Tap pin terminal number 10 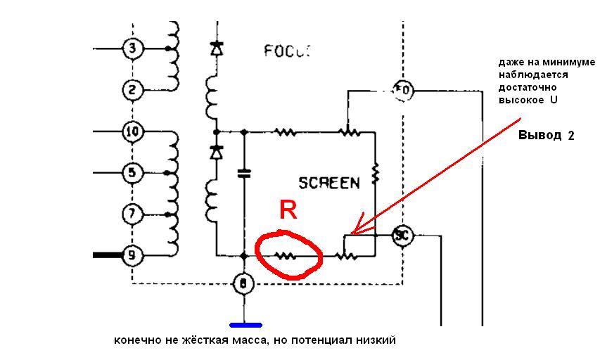(132, 131)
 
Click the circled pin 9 (132, 255)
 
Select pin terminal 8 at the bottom (243, 283)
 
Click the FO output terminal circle (403, 89)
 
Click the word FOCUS (287, 51)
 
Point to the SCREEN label (328, 183)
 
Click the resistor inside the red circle (286, 256)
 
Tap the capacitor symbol (244, 173)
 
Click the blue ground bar (245, 326)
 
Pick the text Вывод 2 (546, 136)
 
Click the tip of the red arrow (352, 233)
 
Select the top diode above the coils (215, 49)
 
